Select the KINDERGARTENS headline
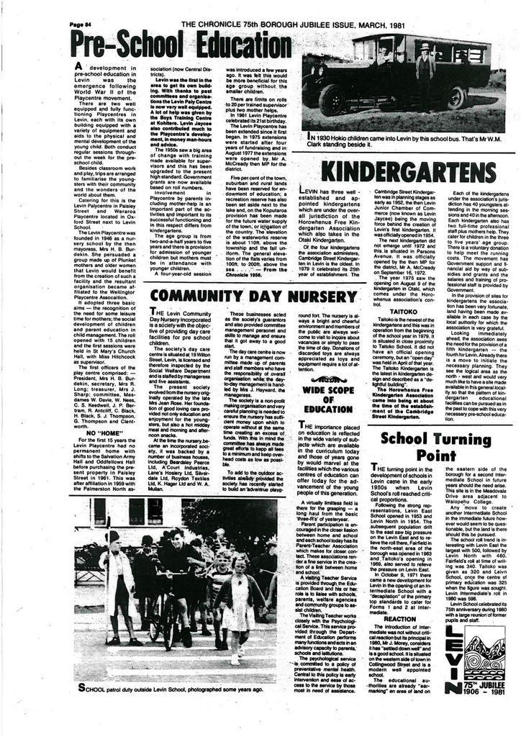[x=409, y=172]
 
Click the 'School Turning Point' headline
[x=436, y=446]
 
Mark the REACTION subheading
[x=399, y=618]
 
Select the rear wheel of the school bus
[x=455, y=96]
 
